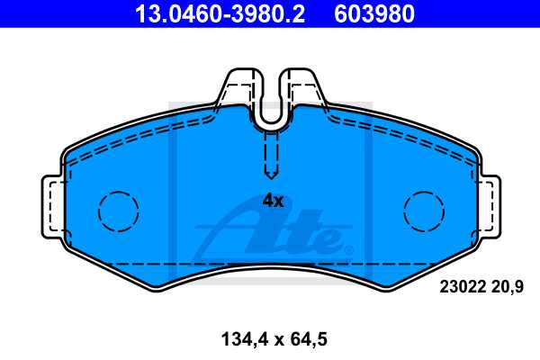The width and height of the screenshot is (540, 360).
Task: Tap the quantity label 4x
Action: point(272,201)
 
